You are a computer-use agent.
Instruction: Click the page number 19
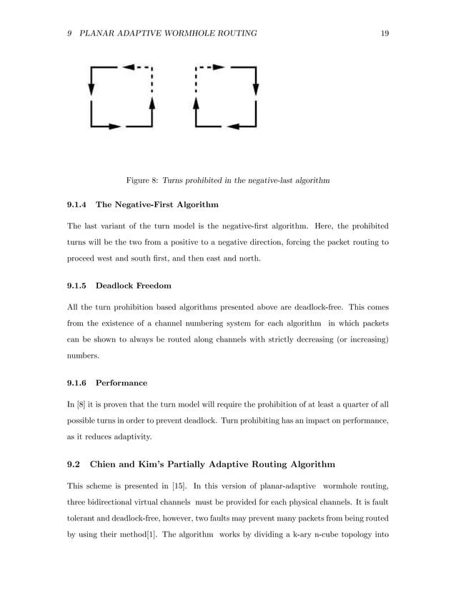[385, 34]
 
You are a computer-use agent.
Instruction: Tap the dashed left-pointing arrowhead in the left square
[129, 67]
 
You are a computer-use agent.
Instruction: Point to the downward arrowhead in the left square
[91, 88]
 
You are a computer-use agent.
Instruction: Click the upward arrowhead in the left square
[152, 104]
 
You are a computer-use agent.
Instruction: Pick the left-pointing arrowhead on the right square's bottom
[232, 126]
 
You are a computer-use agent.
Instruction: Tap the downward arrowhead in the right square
[255, 88]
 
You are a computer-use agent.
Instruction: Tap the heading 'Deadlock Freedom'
[134, 286]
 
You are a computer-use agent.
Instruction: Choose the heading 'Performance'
[122, 382]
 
